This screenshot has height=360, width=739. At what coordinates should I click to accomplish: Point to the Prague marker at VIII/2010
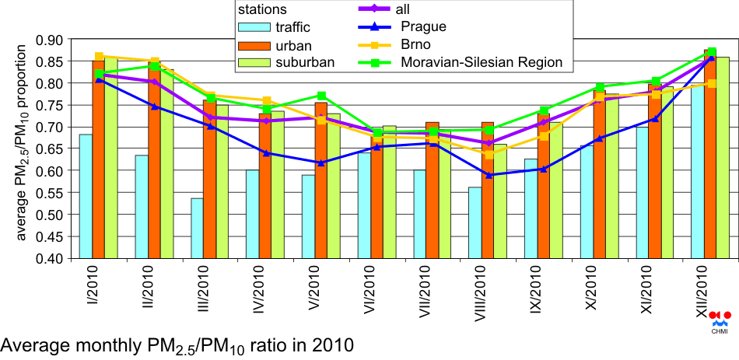[x=488, y=175]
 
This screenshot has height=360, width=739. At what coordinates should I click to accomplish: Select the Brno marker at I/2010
[x=98, y=57]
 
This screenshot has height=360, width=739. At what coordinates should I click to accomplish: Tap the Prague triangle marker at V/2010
[x=321, y=163]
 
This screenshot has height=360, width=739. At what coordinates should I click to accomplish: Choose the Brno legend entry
[x=440, y=44]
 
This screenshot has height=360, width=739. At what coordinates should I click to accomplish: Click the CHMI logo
[x=720, y=320]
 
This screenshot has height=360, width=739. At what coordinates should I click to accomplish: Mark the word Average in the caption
[x=35, y=343]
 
